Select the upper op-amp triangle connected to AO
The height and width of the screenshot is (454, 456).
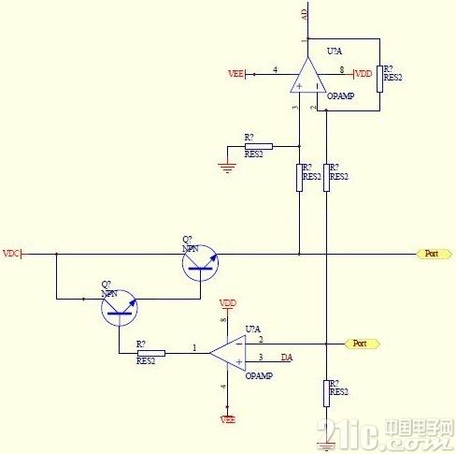coord(305,74)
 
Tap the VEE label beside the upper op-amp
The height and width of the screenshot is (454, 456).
coord(235,72)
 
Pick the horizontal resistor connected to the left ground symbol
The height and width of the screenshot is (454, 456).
coord(257,146)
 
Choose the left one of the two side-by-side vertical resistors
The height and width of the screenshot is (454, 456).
coord(299,177)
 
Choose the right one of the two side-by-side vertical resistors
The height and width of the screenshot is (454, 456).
coord(326,177)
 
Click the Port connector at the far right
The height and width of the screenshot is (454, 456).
coord(431,254)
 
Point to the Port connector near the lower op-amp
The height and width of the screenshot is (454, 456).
coord(361,344)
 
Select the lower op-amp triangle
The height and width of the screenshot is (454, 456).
coord(227,353)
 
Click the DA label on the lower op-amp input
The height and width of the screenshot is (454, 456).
coord(286,358)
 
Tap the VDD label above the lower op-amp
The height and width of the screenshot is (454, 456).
coord(227,303)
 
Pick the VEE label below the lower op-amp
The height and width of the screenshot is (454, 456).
coord(227,420)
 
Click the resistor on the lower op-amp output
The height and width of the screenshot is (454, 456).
coord(150,353)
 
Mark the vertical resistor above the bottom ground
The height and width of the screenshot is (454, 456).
coord(326,393)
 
